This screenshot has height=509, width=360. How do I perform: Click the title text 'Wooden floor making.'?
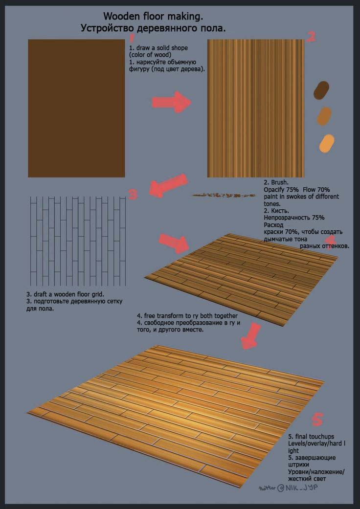click(x=154, y=16)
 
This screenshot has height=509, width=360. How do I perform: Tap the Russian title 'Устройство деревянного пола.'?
click(x=153, y=28)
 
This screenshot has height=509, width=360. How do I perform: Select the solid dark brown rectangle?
click(x=76, y=109)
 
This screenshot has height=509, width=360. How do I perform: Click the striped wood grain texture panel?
click(x=256, y=109)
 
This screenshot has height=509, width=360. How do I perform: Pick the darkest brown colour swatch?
click(x=321, y=90)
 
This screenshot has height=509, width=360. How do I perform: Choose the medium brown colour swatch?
click(x=324, y=116)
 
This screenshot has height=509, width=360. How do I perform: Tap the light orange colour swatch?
click(x=327, y=143)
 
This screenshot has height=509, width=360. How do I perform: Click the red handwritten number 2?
click(x=311, y=37)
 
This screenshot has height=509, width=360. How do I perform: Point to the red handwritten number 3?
click(x=134, y=194)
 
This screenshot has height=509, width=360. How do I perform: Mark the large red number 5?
click(x=317, y=419)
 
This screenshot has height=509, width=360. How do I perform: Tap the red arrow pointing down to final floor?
click(x=251, y=336)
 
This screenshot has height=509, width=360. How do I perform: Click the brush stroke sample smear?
click(x=224, y=195)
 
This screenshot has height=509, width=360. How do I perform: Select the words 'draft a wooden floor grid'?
click(x=69, y=295)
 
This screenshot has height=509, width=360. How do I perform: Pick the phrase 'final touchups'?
click(x=314, y=437)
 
